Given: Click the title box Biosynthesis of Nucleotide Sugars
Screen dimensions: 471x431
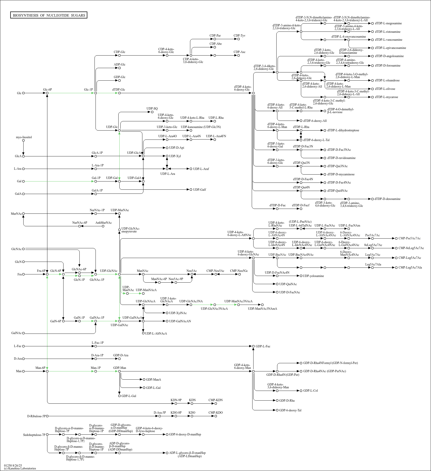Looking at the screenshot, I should point(49,15).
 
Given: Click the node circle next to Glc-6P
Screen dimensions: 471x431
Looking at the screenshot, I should point(47,93).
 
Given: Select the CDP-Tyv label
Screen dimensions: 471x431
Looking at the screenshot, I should point(239,36).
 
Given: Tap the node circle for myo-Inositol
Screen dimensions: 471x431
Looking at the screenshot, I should point(23,140).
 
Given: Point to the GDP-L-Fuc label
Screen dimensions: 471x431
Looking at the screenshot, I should point(263,346).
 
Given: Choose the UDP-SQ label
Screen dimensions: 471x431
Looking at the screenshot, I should point(152,109).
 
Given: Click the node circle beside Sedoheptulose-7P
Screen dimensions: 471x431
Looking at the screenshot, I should point(47,434).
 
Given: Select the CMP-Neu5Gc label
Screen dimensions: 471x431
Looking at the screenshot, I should point(239,271).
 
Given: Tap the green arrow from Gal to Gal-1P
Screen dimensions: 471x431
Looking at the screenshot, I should point(59,181).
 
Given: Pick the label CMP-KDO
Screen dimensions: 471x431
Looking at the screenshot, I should point(215,413).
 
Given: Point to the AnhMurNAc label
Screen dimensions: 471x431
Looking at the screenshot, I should point(103,223).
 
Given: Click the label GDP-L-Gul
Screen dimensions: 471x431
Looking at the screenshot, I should point(129,396).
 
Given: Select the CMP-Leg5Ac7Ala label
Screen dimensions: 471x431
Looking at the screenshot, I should point(410,267).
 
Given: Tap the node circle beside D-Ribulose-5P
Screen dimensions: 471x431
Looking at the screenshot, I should point(47,416).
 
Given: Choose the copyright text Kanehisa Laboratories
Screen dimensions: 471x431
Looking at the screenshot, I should point(20,468).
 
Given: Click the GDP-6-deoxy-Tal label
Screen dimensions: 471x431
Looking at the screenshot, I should point(290,410).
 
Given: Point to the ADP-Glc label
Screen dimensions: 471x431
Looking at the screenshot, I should point(120,65).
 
